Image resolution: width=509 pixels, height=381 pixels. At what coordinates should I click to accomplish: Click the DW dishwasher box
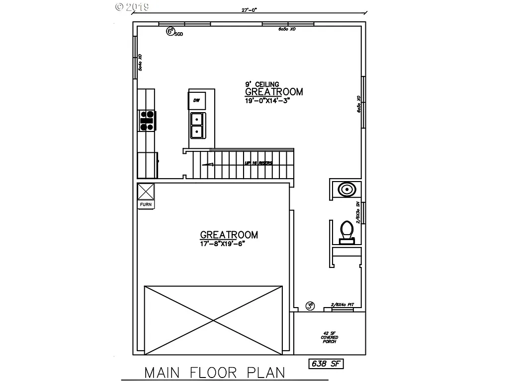click(x=196, y=101)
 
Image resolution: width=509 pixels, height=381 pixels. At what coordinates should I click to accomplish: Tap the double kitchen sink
click(x=197, y=126)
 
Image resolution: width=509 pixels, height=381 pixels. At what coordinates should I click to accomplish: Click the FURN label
click(x=146, y=204)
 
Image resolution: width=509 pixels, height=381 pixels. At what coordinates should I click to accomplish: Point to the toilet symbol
click(x=346, y=232)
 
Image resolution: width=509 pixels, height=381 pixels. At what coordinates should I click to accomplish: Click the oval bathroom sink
click(x=346, y=190)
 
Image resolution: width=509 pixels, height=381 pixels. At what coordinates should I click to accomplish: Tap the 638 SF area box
click(x=325, y=364)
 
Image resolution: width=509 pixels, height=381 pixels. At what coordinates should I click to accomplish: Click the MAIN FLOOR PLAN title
click(x=215, y=372)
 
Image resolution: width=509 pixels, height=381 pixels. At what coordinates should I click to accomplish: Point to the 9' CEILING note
click(x=262, y=84)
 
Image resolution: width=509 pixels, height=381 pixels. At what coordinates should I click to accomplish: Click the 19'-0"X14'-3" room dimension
click(x=267, y=100)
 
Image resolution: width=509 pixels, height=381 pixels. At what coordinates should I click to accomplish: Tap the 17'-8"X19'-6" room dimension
click(x=222, y=244)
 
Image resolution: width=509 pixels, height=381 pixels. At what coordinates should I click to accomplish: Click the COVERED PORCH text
click(x=330, y=339)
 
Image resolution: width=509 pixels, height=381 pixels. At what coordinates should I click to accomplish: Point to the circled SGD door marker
click(x=170, y=32)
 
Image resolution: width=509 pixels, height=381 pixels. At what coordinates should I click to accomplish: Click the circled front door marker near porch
click(x=311, y=306)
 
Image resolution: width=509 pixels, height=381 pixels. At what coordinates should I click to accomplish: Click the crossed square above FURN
click(x=146, y=191)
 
